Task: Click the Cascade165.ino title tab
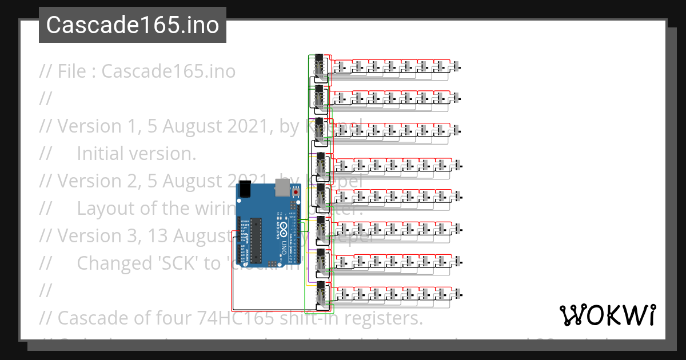pos(132,25)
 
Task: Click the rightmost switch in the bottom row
pos(459,294)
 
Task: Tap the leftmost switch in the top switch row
pos(342,67)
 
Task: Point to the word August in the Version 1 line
pos(191,126)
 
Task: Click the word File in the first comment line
pos(77,71)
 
